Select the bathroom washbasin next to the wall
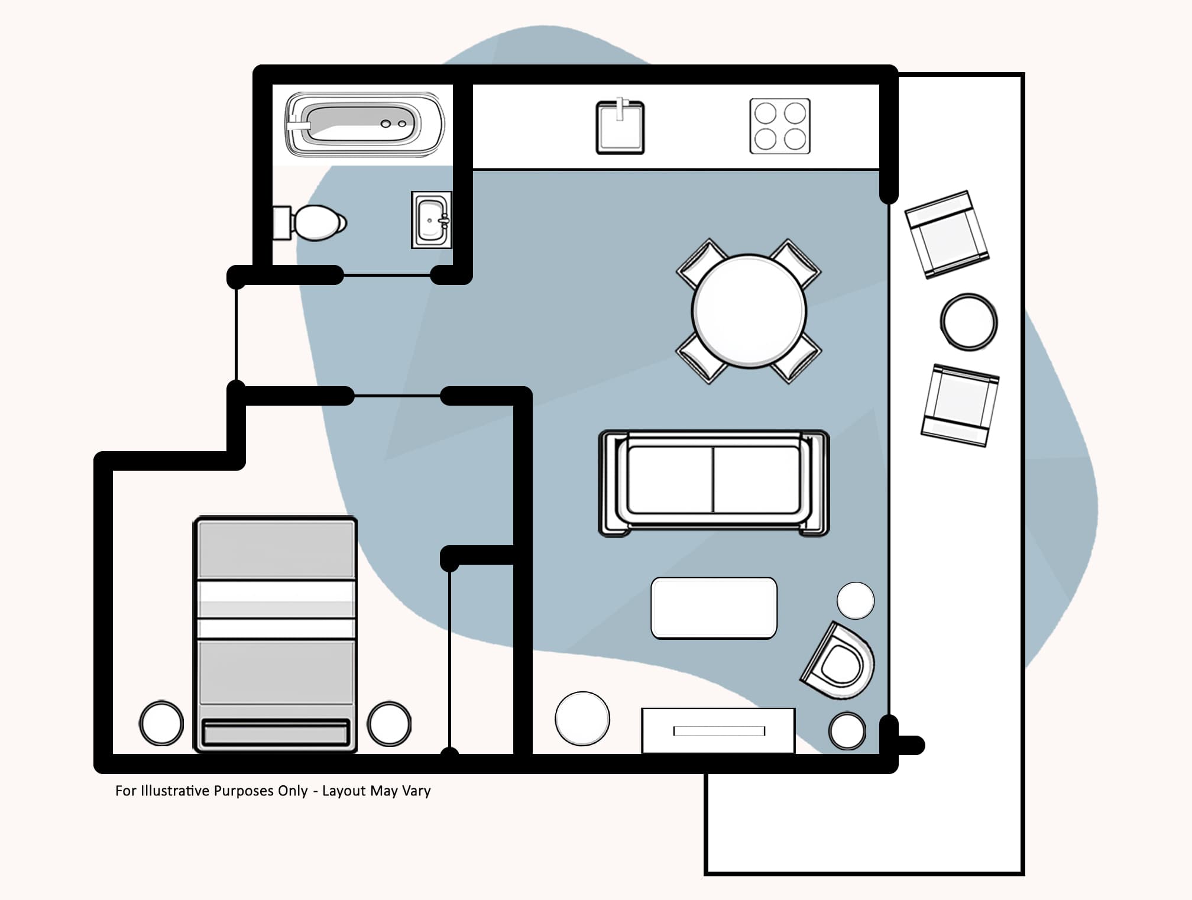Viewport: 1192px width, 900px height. point(431,220)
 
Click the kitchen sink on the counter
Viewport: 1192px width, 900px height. point(620,128)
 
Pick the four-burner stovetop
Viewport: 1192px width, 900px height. point(780,127)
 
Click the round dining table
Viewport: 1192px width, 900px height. point(749,311)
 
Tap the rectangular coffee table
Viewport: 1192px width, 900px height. point(714,608)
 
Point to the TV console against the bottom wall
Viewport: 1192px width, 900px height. point(718,731)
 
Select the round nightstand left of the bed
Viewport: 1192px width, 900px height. point(161,723)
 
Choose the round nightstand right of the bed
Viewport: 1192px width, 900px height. point(389,723)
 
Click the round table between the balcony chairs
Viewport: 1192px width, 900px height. point(968,322)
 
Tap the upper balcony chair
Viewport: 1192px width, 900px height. point(947,234)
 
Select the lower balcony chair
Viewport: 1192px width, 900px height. point(960,405)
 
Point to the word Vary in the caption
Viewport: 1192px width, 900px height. point(416,791)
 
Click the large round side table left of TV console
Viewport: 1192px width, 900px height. point(582,718)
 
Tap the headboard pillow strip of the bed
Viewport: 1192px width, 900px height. point(275,733)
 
